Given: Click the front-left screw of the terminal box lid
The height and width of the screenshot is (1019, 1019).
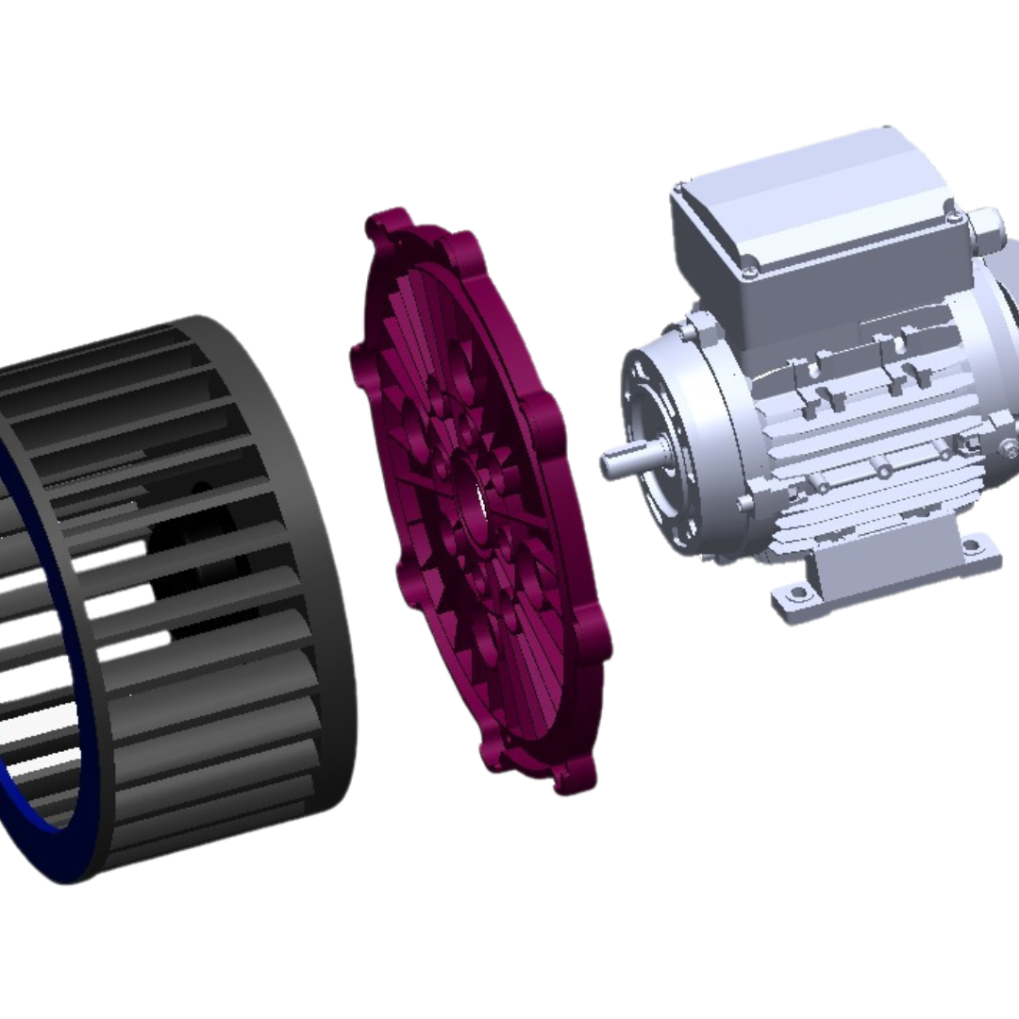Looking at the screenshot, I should (x=749, y=271).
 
